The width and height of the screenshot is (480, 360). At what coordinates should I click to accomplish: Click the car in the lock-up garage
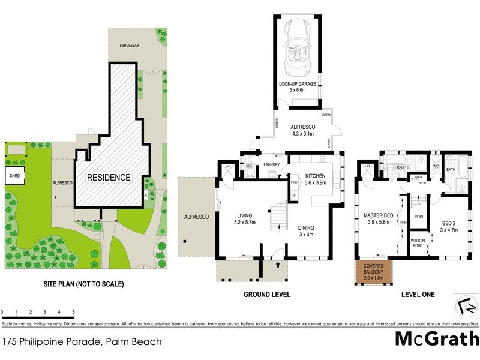(299, 47)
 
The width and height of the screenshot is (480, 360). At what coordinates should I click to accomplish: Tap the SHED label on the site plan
(14, 176)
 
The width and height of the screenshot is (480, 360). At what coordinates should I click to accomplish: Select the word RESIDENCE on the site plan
(109, 178)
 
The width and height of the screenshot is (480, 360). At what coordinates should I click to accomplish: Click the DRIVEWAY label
(128, 46)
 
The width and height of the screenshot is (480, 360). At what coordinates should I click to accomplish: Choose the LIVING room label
(245, 215)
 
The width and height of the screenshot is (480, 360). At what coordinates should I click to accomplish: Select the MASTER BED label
(379, 215)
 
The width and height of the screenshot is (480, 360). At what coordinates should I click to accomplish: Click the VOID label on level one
(419, 217)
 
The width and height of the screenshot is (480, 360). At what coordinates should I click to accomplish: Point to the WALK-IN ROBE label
(418, 243)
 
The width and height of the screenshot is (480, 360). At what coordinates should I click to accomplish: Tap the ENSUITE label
(401, 167)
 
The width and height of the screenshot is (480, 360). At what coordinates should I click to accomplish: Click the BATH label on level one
(451, 170)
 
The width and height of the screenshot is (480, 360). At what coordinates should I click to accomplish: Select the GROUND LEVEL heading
(266, 295)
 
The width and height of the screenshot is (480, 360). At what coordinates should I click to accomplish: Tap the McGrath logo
(436, 339)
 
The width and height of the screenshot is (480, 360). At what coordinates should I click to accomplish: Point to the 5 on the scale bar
(73, 312)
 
